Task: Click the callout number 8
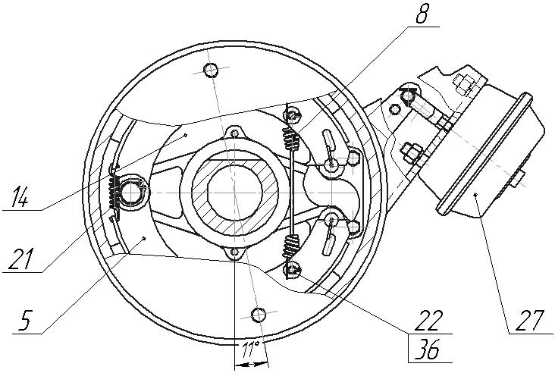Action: (422, 13)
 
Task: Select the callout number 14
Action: (20, 197)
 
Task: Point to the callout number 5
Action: (26, 320)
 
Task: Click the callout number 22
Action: (431, 320)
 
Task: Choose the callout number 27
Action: (530, 320)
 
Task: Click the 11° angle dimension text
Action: (251, 350)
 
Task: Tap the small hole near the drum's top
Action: (211, 70)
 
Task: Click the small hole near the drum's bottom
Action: (259, 315)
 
